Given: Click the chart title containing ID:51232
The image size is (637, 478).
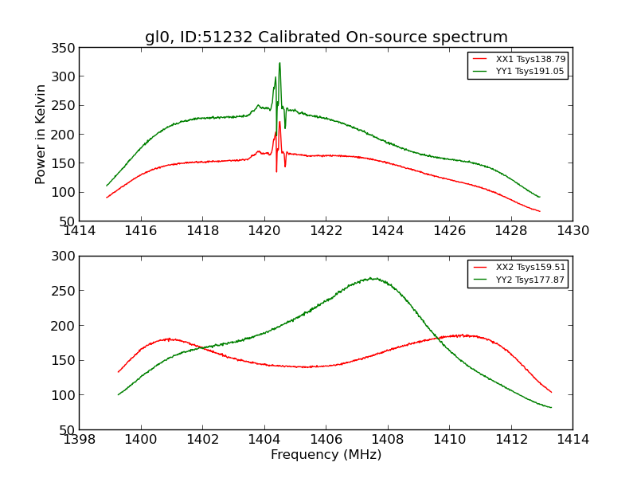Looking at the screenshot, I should point(326,37).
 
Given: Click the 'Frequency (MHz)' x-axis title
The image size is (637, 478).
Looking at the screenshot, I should point(326,455).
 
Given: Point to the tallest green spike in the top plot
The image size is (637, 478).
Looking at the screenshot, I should point(279,64).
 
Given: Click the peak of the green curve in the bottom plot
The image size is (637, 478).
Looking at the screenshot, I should point(372,278).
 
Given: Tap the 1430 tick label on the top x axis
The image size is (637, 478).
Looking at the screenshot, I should point(573,230).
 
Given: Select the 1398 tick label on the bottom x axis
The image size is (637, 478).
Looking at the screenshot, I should point(80,439).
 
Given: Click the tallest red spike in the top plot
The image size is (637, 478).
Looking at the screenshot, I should point(279,122).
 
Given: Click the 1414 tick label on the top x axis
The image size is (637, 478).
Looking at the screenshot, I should point(80,230).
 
